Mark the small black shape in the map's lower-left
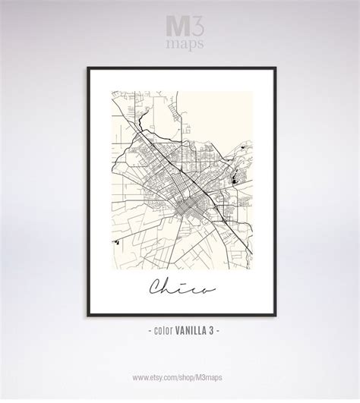(118, 241)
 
